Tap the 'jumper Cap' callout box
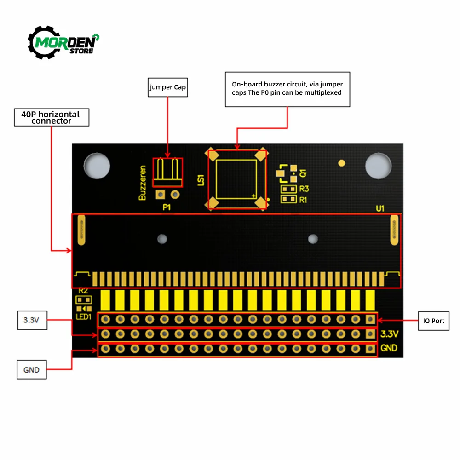point(167,87)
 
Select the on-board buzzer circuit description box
point(287,89)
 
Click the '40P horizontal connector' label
point(51,117)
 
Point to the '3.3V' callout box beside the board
point(31,320)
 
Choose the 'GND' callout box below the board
point(31,369)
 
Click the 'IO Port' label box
point(433,320)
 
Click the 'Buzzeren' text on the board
point(143,183)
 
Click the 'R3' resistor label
point(304,189)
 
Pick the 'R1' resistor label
point(303,200)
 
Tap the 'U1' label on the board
point(380,208)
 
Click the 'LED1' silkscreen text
point(84,316)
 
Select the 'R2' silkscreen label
point(83,291)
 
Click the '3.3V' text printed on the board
point(389,334)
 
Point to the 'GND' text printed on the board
point(389,348)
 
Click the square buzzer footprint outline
point(236,179)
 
